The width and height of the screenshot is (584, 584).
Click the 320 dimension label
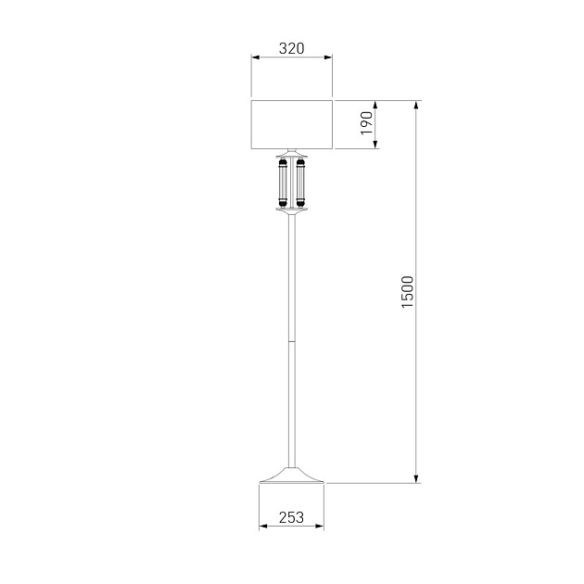pos(292,48)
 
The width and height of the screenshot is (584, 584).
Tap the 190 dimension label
pos(366,123)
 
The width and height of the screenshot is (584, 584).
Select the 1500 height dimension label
pos(408,292)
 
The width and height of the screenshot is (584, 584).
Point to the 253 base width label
pos(291,517)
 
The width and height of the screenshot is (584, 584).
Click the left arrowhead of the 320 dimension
pos(256,57)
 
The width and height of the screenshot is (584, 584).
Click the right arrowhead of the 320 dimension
pos(328,57)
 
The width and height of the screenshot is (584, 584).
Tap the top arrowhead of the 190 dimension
pos(375,105)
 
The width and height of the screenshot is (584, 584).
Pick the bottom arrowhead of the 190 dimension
pos(375,145)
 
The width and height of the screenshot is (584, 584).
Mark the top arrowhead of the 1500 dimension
pos(416,105)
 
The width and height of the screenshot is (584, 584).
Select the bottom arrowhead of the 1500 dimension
pos(416,478)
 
